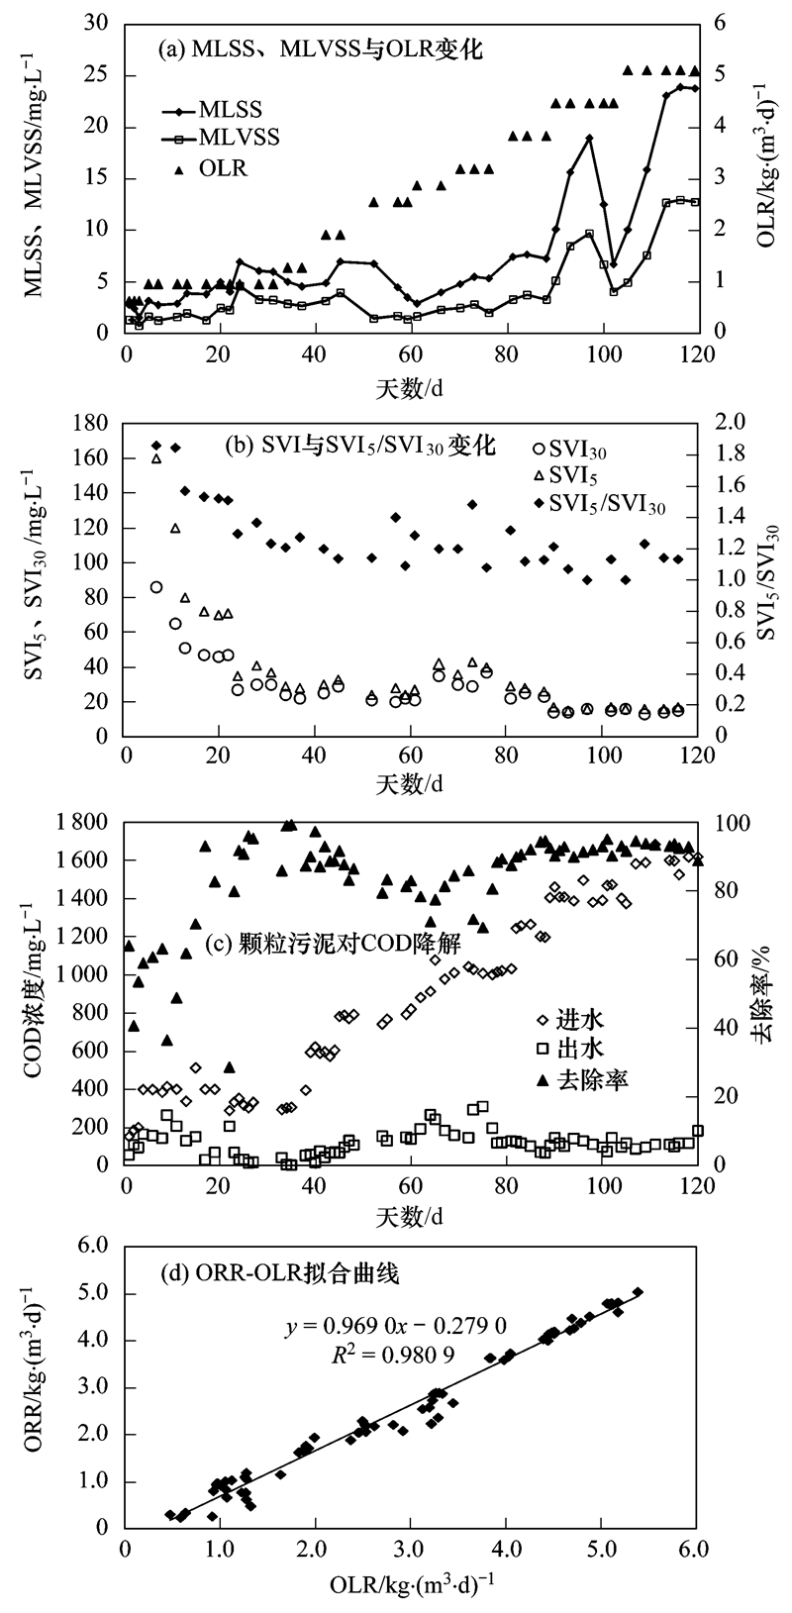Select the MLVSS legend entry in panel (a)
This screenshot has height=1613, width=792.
[239, 138]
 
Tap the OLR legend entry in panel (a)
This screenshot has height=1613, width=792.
[223, 169]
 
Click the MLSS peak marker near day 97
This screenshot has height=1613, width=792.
[589, 139]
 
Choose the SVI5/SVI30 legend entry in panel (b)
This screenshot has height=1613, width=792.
[603, 505]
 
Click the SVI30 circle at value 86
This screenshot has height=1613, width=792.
[156, 587]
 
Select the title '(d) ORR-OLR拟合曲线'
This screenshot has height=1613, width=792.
[280, 1274]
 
